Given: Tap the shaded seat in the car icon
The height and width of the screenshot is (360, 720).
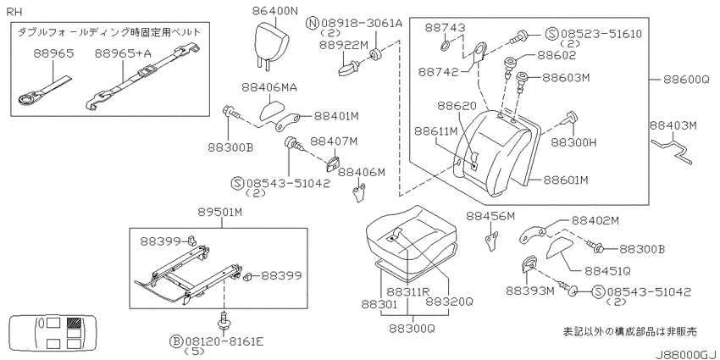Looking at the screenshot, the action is (73, 324).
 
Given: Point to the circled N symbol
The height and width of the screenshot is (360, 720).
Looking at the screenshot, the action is (313, 23).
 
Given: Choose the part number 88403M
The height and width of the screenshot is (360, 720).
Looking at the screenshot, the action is (673, 125).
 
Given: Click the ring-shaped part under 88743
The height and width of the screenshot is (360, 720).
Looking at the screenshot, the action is (445, 46).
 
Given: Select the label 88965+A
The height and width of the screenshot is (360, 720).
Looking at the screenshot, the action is (123, 53).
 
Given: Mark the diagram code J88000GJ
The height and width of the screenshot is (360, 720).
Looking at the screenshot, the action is (685, 354).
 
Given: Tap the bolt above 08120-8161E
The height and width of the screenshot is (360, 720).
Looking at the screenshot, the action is (224, 321).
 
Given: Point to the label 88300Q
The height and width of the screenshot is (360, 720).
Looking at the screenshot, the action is (412, 329).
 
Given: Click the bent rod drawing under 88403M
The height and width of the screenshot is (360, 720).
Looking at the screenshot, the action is (672, 149).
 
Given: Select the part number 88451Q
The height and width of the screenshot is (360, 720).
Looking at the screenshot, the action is (607, 270).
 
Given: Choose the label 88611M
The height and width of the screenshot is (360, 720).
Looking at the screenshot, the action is (437, 131).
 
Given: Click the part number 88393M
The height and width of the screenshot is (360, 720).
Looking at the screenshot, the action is (530, 291).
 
